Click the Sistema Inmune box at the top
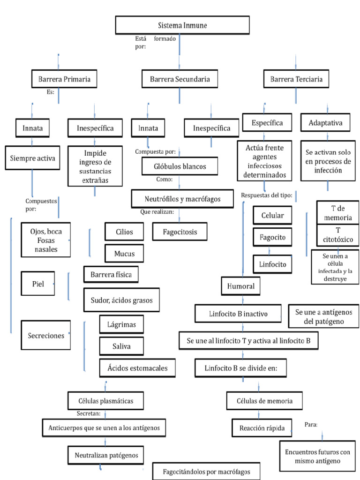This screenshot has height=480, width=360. (182, 25)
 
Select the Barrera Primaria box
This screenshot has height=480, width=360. (64, 79)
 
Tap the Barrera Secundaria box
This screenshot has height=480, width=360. (180, 79)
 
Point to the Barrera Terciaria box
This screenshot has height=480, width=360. (296, 79)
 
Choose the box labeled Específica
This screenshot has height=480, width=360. (267, 123)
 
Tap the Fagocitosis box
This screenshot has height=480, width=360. (180, 232)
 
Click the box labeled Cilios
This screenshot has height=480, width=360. (124, 232)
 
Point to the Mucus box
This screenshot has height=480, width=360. (124, 254)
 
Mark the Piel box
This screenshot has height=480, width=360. (38, 284)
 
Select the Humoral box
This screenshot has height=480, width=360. (241, 286)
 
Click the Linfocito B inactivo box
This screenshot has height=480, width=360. (238, 314)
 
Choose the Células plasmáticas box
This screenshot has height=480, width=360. (106, 400)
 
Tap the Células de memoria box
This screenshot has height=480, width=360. (266, 400)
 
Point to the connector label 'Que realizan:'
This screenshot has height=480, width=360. (157, 212)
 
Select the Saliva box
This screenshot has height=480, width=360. (121, 346)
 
